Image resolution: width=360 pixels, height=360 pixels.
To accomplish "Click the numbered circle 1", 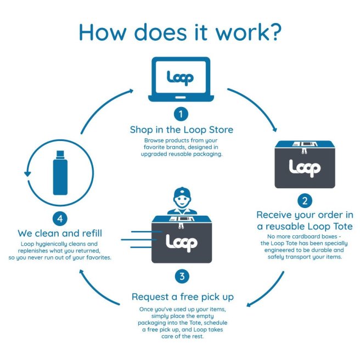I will pyautogui.click(x=181, y=114).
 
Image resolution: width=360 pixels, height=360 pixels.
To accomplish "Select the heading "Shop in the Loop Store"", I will pyautogui.click(x=181, y=130).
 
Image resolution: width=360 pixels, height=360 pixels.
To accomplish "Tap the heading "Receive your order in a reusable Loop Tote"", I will pyautogui.click(x=305, y=220).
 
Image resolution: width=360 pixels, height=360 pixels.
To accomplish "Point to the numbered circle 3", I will pyautogui.click(x=181, y=275).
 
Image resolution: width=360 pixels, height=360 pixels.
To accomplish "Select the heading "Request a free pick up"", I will pyautogui.click(x=183, y=297).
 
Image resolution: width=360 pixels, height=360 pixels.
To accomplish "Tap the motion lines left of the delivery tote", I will pyautogui.click(x=140, y=240).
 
